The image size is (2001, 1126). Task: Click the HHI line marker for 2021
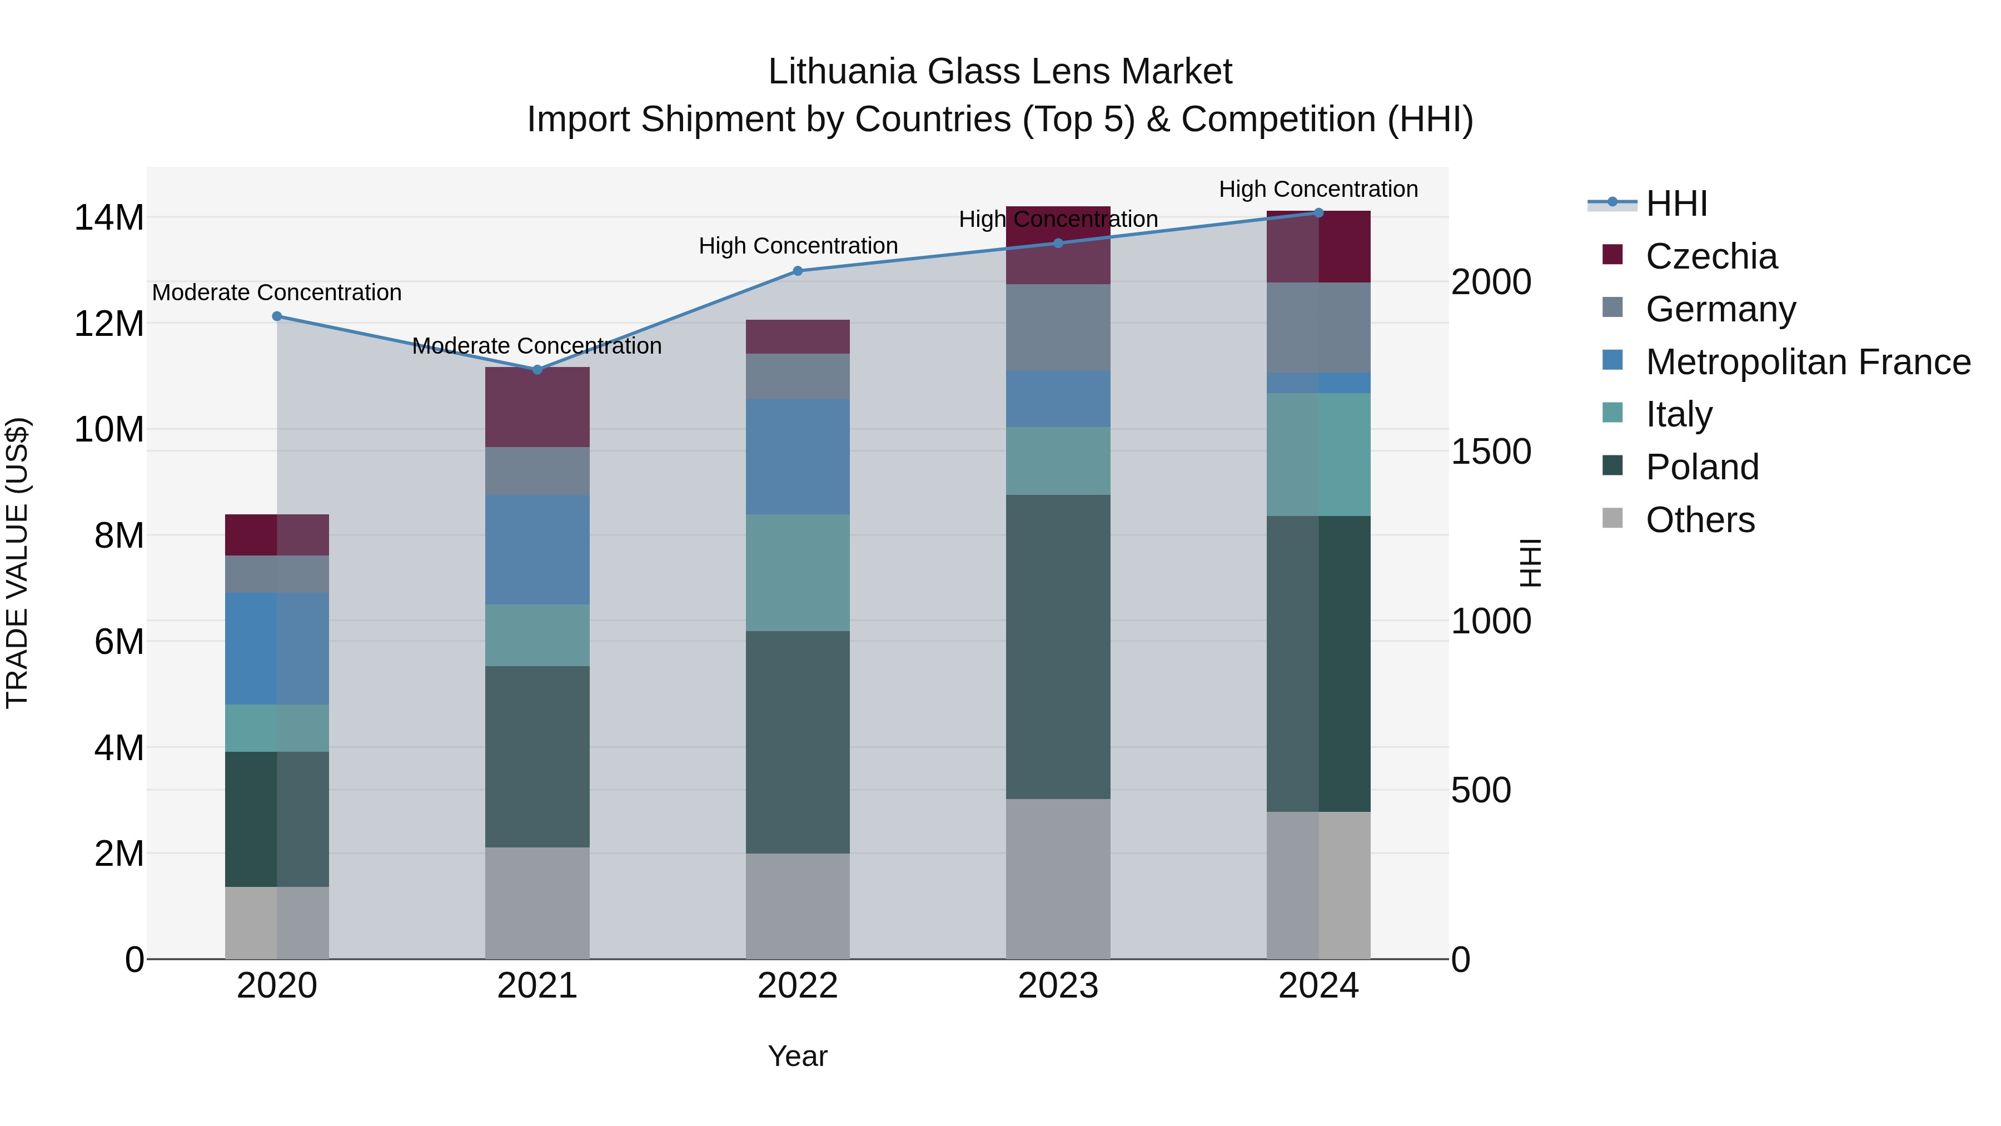pos(537,370)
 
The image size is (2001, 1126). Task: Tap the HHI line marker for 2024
pos(1318,212)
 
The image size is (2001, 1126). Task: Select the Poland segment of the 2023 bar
pos(1058,647)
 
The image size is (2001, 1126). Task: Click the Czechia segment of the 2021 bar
pos(537,407)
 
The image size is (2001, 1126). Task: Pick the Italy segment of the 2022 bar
pos(798,573)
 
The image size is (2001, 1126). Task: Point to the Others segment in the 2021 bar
pos(537,903)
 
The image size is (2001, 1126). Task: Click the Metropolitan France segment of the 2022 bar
pos(798,457)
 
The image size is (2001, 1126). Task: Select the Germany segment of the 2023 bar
pos(1058,327)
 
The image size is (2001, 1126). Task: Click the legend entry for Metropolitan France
pos(1808,362)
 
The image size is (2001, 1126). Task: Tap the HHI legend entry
pos(1676,204)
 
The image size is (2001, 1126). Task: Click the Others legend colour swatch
pos(1612,518)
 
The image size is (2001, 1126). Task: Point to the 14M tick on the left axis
pos(109,217)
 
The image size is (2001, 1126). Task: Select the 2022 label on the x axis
pos(798,986)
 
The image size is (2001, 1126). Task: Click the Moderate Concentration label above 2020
pos(277,293)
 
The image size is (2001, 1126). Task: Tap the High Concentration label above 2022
pos(798,246)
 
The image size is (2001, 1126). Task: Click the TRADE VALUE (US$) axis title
pos(17,563)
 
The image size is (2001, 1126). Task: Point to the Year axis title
pos(798,1056)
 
